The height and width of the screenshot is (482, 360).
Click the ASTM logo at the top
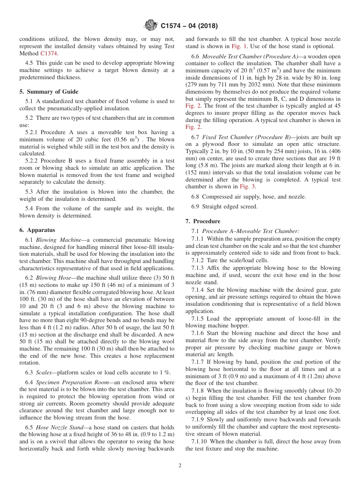coord(151,26)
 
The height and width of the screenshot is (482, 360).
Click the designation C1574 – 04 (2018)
coord(189,26)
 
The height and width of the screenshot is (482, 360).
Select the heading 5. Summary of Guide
coord(49,92)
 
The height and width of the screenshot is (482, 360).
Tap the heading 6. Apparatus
coord(37,230)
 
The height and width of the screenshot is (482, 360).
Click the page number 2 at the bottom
coord(180,466)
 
